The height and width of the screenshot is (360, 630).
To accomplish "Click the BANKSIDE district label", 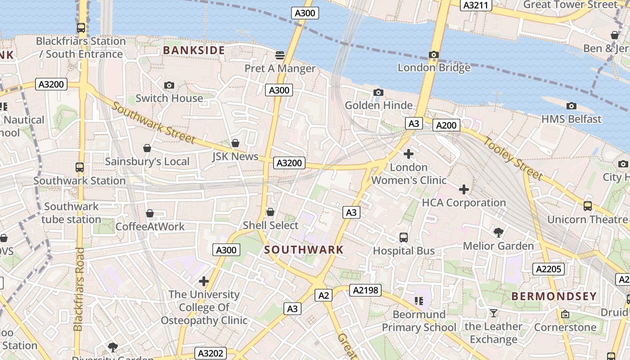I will [194, 50].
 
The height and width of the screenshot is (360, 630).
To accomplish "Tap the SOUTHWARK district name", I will [304, 250].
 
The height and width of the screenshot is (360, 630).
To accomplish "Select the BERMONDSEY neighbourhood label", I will [554, 297].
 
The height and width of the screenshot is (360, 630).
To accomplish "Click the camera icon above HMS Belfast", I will [571, 106].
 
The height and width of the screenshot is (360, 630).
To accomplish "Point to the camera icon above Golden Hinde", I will [378, 92].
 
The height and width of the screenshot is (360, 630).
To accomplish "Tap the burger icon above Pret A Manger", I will [280, 55].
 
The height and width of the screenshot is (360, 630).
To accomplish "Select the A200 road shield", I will [446, 125].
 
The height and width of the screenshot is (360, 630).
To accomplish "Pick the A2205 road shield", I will [549, 269].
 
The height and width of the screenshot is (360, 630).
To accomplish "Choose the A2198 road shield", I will [365, 291].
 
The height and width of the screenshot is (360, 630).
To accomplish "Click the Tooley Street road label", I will [513, 158].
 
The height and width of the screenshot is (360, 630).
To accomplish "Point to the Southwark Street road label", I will [153, 123].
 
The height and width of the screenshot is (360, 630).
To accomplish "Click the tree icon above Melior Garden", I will [498, 232].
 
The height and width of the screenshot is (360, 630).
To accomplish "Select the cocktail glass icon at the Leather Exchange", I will [494, 313].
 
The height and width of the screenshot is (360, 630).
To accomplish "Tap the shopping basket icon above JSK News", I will [235, 143].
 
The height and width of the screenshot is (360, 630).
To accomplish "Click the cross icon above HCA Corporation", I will [464, 189].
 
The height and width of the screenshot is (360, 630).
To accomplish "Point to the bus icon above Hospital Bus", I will [404, 237].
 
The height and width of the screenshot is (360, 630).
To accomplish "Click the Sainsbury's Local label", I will [147, 162].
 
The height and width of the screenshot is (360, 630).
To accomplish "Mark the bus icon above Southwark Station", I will [80, 167].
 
